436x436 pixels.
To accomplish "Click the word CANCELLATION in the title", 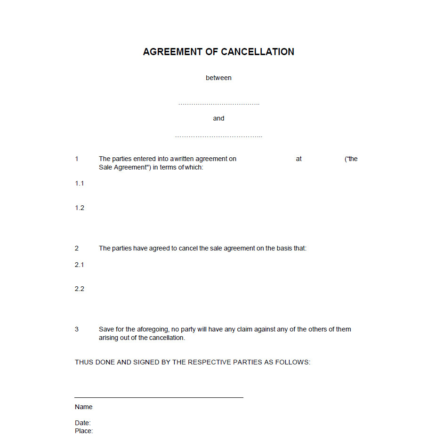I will (x=258, y=52).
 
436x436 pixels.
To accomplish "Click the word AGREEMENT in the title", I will (x=173, y=52).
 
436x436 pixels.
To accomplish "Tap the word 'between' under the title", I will (x=218, y=78).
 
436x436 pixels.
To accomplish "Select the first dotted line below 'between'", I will (x=218, y=104).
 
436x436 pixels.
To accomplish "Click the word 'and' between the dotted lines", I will (x=218, y=118).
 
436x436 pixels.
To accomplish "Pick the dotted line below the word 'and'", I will (x=218, y=137).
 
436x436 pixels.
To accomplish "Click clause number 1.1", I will (x=80, y=183).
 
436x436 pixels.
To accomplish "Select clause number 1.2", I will (x=80, y=208).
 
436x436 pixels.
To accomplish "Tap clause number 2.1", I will (x=80, y=265).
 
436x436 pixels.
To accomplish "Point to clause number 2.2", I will (x=80, y=289).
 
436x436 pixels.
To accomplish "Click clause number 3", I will (x=77, y=329).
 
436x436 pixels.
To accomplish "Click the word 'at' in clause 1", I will (x=299, y=159).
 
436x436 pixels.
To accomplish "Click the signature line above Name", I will (x=159, y=397).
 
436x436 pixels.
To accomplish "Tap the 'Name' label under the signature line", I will (x=84, y=407).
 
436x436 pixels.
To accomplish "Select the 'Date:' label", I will (x=83, y=423).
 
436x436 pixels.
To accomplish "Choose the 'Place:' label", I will (x=84, y=431).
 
